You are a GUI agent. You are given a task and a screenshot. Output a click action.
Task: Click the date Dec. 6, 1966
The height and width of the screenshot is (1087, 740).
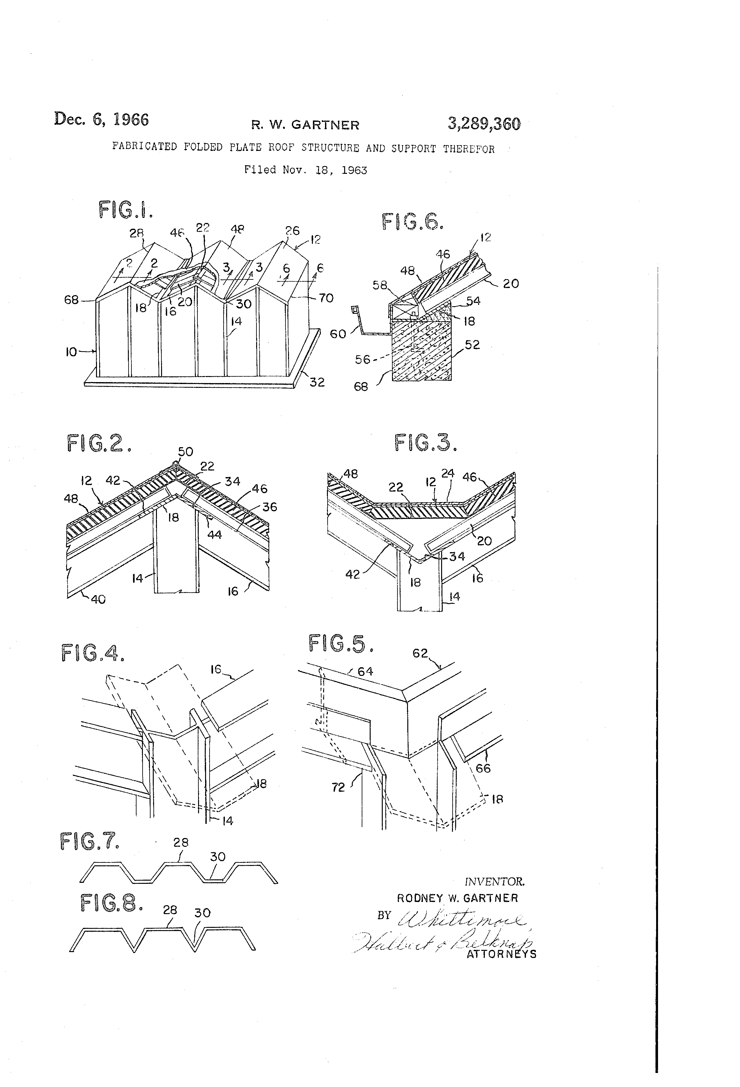pyautogui.click(x=101, y=119)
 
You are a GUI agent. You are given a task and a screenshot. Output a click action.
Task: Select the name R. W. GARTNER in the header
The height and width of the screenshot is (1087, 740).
pyautogui.click(x=305, y=125)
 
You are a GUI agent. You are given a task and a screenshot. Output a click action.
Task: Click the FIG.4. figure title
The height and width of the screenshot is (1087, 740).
pyautogui.click(x=93, y=653)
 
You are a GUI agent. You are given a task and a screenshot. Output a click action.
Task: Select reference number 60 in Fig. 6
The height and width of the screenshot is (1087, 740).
pyautogui.click(x=338, y=334)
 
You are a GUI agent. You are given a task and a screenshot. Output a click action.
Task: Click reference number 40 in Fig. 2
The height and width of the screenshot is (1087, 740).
pyautogui.click(x=98, y=599)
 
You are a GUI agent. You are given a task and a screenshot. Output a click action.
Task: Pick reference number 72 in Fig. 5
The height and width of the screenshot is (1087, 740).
pyautogui.click(x=338, y=788)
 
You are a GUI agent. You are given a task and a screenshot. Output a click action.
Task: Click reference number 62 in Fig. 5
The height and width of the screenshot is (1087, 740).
pyautogui.click(x=420, y=653)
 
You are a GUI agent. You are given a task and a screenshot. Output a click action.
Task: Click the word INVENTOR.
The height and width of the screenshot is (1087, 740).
pyautogui.click(x=494, y=882)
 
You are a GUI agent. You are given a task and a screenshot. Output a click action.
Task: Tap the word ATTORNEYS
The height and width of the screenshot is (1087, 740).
pyautogui.click(x=501, y=954)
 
